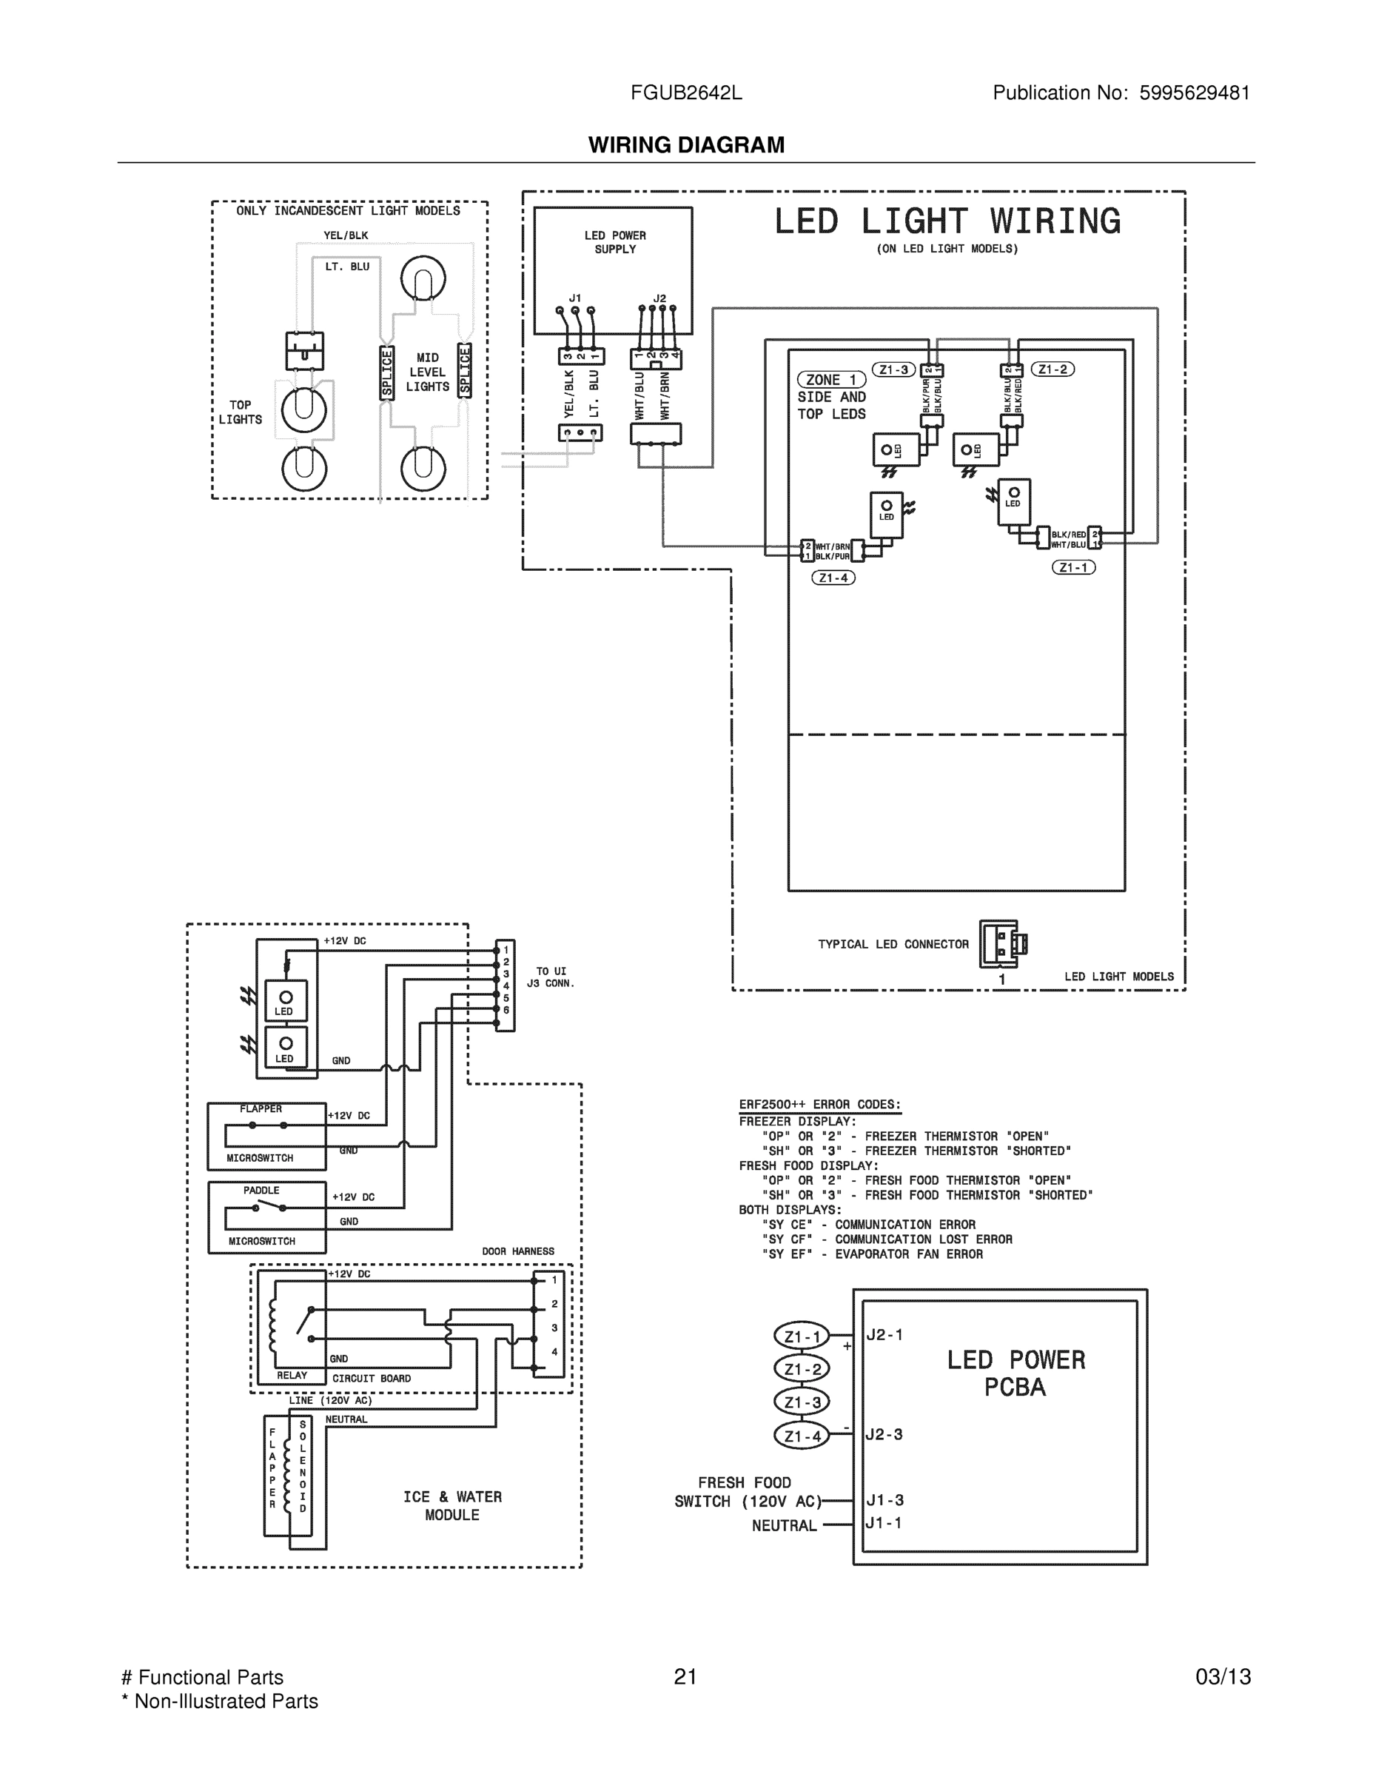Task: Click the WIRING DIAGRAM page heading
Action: pos(685,145)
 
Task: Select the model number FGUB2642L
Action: pos(685,93)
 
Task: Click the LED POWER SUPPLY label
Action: pos(615,242)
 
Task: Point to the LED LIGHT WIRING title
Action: pos(947,221)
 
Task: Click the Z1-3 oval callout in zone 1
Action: pos(893,370)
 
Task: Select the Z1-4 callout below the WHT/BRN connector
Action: pos(833,578)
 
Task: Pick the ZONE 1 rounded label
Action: pos(830,380)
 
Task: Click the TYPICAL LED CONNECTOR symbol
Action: pos(1001,944)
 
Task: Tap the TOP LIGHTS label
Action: pos(240,412)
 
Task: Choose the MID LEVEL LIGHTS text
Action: pos(427,372)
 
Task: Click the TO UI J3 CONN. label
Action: pos(551,977)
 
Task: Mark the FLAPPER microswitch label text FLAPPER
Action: pos(261,1109)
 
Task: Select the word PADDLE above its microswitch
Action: pos(261,1191)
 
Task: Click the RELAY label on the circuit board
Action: pos(292,1376)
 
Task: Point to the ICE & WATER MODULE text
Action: pos(452,1506)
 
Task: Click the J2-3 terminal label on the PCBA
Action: pos(885,1434)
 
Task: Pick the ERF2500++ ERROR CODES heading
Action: pos(819,1105)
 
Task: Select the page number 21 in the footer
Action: pos(685,1677)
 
